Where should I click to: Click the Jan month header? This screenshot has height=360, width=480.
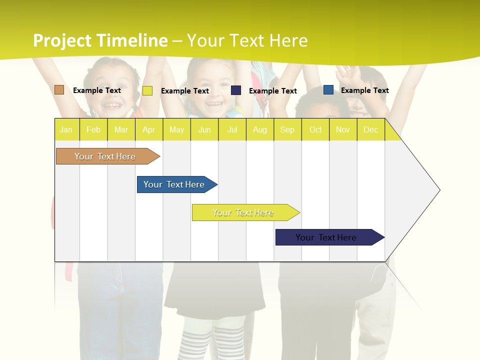66,129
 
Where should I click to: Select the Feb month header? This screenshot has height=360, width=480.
93,129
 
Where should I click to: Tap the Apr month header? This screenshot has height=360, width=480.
148,129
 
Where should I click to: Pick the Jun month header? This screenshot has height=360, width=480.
204,129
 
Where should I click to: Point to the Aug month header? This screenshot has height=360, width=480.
259,129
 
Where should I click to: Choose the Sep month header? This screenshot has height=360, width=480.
287,129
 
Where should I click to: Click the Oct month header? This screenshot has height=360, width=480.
315,129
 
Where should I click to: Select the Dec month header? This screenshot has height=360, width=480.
370,129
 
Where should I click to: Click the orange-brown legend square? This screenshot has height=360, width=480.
59,90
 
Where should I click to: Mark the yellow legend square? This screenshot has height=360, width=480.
147,90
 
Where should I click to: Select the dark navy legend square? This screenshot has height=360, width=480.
236,90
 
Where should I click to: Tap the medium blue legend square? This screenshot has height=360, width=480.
328,90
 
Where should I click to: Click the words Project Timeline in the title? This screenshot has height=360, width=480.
100,40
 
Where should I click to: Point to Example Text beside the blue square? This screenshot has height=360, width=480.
364,90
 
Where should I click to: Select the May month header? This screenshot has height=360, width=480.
176,129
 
